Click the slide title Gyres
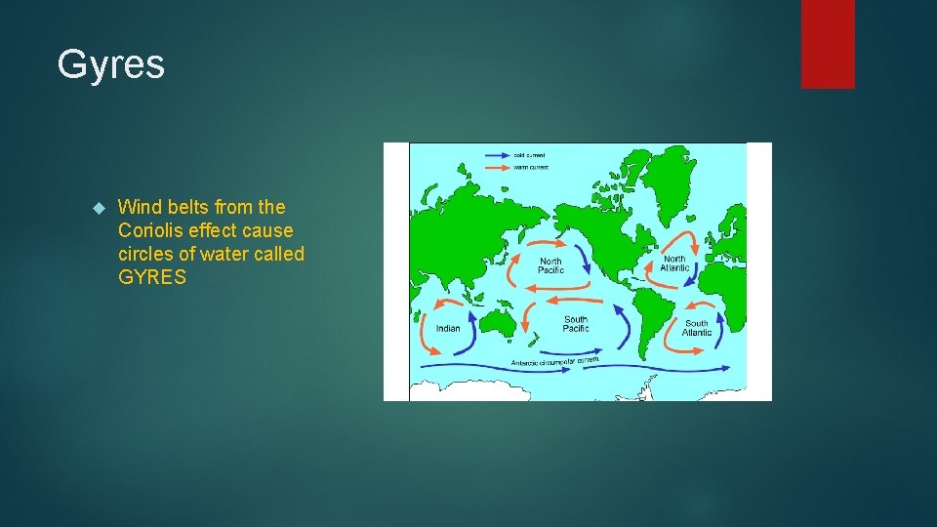pos(110,64)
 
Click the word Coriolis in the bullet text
pos(154,230)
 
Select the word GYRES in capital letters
pos(151,277)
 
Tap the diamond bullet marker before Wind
pos(97,208)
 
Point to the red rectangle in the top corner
pos(828,44)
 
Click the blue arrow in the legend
pos(498,155)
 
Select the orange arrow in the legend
pos(498,167)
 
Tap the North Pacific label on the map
pos(550,265)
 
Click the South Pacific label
pos(576,324)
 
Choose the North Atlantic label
pos(674,263)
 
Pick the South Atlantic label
pos(697,328)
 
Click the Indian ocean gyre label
pos(448,329)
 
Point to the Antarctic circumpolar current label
pos(554,362)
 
